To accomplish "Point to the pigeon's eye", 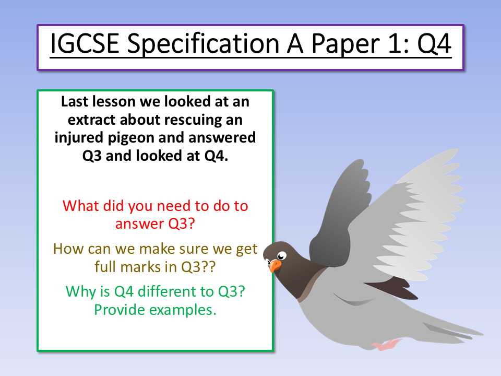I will tap(282, 255).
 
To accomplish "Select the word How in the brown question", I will tap(67, 249).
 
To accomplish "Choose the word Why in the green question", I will tap(79, 291).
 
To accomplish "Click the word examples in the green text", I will tap(183, 310).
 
